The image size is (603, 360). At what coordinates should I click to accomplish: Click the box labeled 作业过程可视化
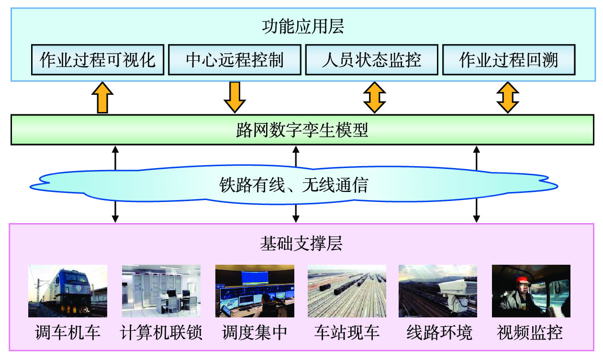pyautogui.click(x=98, y=60)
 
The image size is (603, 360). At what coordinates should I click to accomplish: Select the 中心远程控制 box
pyautogui.click(x=234, y=60)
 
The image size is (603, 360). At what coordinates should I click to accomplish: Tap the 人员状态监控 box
pyautogui.click(x=371, y=60)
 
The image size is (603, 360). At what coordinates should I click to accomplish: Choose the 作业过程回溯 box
pyautogui.click(x=508, y=60)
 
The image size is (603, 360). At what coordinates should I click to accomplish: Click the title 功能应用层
pyautogui.click(x=302, y=27)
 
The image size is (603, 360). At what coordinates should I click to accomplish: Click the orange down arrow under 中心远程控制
pyautogui.click(x=234, y=97)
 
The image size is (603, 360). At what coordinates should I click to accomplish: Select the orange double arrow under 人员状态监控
pyautogui.click(x=374, y=97)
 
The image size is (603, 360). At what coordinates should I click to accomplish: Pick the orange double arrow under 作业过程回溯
pyautogui.click(x=508, y=97)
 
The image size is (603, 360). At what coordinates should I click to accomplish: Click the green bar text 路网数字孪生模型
pyautogui.click(x=302, y=130)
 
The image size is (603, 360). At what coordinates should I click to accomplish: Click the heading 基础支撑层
pyautogui.click(x=301, y=244)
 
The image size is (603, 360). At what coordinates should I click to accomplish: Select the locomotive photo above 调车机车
pyautogui.click(x=67, y=291)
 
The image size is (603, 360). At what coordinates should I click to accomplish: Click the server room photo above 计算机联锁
pyautogui.click(x=161, y=291)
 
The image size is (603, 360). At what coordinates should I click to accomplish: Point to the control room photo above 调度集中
pyautogui.click(x=255, y=291)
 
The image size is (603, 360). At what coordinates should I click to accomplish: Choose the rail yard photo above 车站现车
pyautogui.click(x=346, y=291)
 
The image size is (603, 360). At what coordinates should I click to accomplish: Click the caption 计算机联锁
pyautogui.click(x=161, y=333)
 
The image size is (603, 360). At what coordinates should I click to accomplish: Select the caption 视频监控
pyautogui.click(x=530, y=333)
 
